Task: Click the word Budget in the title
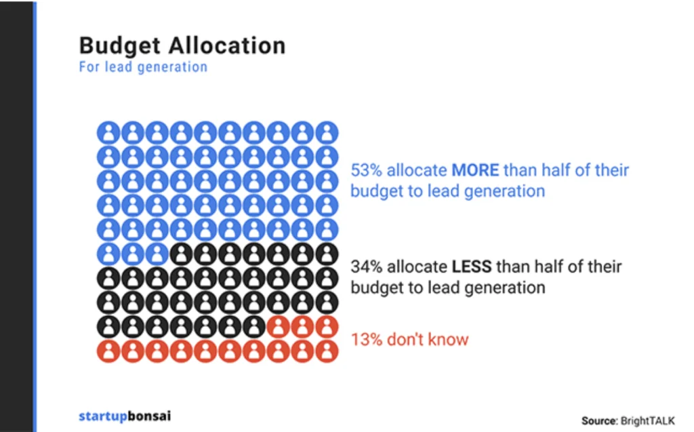[119, 46]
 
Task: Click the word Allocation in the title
[227, 45]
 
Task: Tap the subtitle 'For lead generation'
[143, 67]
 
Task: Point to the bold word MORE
[475, 170]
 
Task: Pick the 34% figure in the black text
[365, 267]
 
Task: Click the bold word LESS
[472, 267]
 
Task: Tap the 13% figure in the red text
[365, 340]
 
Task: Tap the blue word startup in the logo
[103, 416]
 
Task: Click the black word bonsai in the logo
[149, 416]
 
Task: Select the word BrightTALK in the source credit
[647, 421]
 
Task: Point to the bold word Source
[599, 421]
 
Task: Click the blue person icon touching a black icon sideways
[157, 254]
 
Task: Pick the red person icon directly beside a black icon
[279, 328]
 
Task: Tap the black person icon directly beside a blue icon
[181, 254]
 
